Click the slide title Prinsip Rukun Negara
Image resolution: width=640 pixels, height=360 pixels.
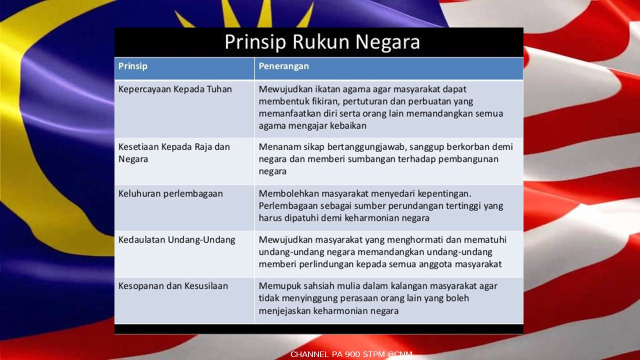(x=322, y=42)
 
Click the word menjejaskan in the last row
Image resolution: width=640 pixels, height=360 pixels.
(x=284, y=311)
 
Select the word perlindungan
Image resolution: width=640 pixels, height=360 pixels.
(x=325, y=264)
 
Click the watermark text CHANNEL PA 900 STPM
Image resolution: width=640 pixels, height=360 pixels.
(x=337, y=354)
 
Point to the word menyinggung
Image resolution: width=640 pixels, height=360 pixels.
(x=309, y=298)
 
